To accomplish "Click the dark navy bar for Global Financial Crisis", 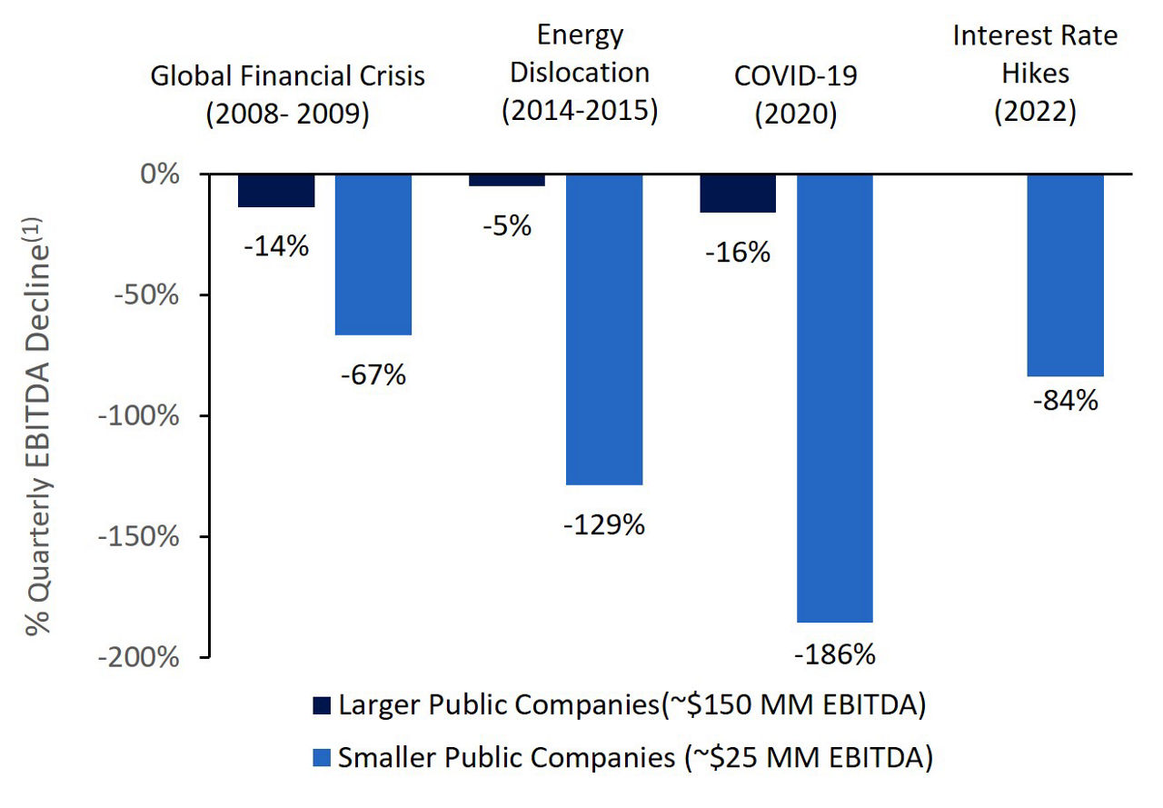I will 276,191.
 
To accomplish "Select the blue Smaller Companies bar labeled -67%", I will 373,254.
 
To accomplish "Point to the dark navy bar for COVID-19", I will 738,194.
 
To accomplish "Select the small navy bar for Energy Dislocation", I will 507,180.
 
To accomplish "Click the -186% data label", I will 834,654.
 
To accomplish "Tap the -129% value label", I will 604,524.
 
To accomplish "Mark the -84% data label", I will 1065,400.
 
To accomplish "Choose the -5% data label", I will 507,225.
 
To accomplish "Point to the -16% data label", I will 738,252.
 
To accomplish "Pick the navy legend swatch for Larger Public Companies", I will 322,706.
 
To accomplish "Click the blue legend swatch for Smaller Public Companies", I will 322,756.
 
